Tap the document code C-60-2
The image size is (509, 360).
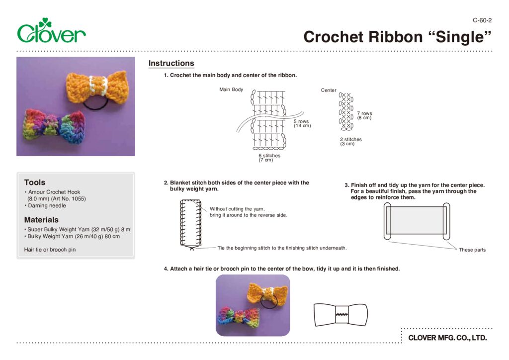pos(482,20)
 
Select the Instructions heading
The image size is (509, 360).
pos(171,63)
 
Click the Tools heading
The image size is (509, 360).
pos(34,182)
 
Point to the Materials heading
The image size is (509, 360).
pos(41,220)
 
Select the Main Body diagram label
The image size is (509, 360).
pos(231,90)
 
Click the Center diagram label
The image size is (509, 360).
pos(329,90)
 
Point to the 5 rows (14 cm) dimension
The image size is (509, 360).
pos(302,123)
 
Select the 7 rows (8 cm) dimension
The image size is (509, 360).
pos(364,115)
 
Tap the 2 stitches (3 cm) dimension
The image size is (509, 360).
pos(350,142)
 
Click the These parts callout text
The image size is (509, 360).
pos(472,250)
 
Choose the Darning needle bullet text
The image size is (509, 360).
pos(47,206)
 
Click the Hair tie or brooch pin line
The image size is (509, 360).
pos(50,250)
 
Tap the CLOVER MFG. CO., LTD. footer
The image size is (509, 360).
pos(447,338)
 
